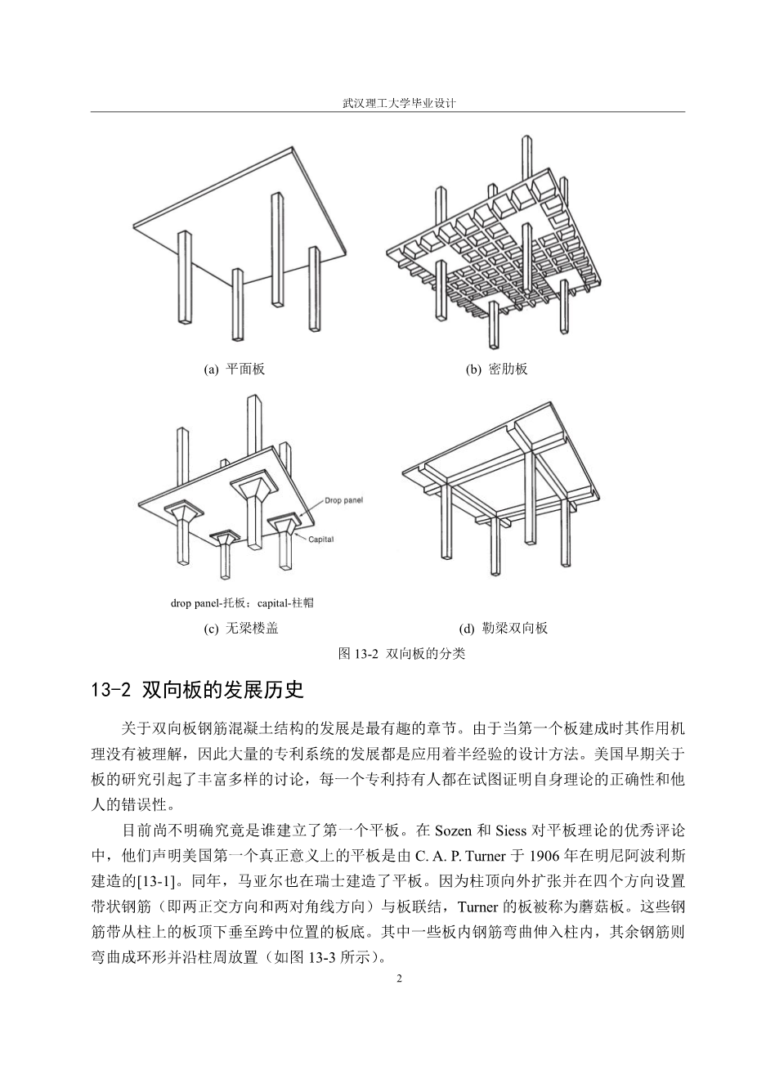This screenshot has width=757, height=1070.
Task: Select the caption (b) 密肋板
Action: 496,369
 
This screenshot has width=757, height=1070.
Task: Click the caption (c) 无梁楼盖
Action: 235,628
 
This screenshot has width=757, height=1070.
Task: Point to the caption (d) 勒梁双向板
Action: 503,628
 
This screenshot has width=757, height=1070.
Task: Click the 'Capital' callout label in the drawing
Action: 320,539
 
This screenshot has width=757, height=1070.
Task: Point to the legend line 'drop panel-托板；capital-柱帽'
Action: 242,603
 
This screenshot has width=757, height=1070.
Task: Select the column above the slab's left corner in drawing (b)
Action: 441,213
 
